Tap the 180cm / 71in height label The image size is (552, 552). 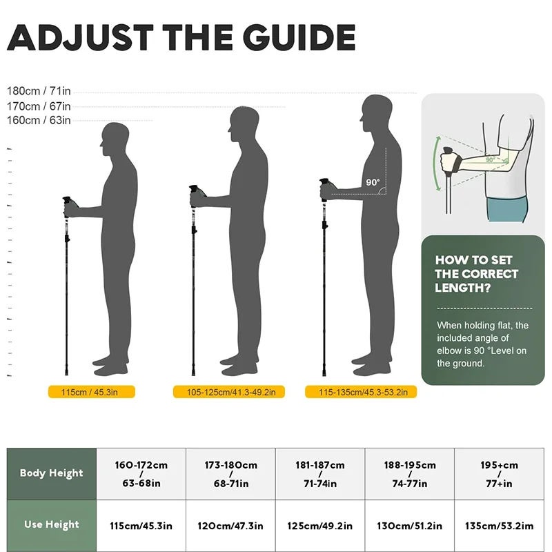click(x=39, y=91)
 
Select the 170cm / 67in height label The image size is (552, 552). click(x=39, y=106)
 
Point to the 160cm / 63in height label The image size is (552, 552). click(x=39, y=120)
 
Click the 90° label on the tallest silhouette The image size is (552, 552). click(x=373, y=183)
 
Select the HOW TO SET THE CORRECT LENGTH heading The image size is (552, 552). click(x=476, y=274)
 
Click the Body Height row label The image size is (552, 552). click(x=51, y=473)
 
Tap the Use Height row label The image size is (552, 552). click(x=51, y=524)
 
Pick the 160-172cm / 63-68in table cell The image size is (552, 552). click(x=141, y=473)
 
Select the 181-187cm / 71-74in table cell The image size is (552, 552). click(x=320, y=473)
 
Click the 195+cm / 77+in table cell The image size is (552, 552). click(x=500, y=473)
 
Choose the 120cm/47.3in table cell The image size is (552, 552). click(x=230, y=526)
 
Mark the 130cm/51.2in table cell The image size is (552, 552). click(x=410, y=526)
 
